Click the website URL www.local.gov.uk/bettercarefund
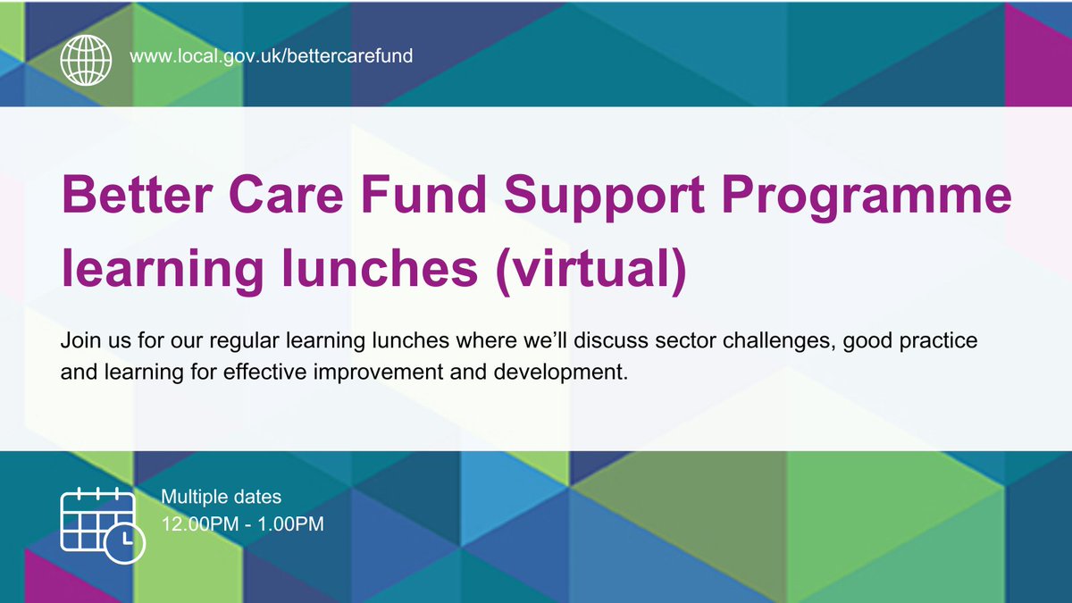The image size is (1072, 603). pos(271,55)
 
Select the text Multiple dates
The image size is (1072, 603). pos(221,497)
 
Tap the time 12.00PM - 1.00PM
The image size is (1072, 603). pos(242,523)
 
